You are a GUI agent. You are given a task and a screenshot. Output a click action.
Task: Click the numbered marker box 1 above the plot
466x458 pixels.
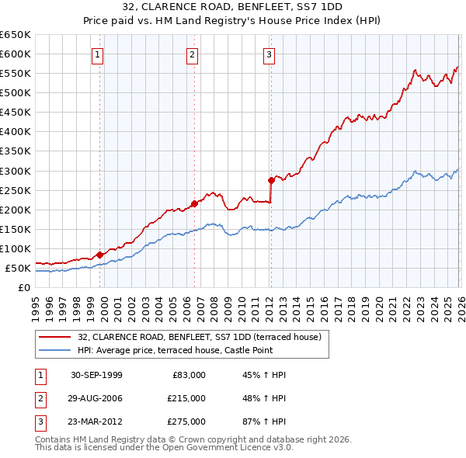pyautogui.click(x=98, y=54)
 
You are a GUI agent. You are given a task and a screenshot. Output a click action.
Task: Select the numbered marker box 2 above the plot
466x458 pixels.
pyautogui.click(x=192, y=54)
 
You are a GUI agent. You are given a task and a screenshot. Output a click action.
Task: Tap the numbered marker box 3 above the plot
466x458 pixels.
pyautogui.click(x=269, y=54)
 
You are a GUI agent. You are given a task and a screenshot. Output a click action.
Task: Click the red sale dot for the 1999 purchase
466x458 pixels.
pyautogui.click(x=100, y=255)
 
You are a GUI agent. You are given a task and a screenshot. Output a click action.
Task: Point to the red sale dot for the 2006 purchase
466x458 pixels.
pyautogui.click(x=194, y=203)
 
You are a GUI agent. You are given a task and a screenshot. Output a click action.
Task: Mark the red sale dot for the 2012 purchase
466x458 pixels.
pyautogui.click(x=271, y=179)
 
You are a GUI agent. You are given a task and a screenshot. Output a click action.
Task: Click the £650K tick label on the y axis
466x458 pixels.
pyautogui.click(x=16, y=35)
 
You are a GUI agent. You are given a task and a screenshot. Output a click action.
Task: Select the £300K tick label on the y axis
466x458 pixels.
pyautogui.click(x=16, y=171)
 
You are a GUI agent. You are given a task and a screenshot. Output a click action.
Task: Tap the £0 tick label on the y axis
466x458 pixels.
pyautogui.click(x=23, y=288)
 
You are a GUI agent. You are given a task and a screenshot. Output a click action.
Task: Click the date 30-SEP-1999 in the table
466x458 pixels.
pyautogui.click(x=96, y=375)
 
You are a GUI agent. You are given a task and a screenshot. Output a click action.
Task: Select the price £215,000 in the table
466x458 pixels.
pyautogui.click(x=186, y=398)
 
